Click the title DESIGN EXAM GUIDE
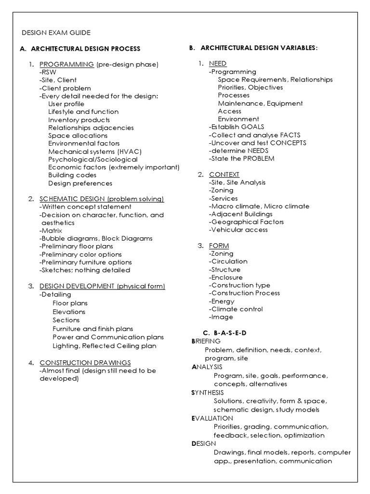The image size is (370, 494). pos(56,33)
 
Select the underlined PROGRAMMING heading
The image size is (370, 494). pos(66,64)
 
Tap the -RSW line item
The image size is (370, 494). pos(48,72)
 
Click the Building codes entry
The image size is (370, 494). pos(72,175)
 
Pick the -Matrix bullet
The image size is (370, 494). pos(51,231)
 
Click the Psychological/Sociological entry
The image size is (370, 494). pos(92,159)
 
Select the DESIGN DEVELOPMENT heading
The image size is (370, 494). pos(78,286)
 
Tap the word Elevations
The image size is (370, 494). pos(69,312)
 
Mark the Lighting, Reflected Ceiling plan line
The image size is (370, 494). pos(105,345)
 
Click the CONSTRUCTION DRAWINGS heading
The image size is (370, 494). pos(85,363)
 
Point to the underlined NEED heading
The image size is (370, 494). pos(218,64)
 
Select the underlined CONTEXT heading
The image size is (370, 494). pos(224,174)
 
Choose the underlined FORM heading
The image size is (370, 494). pos(219,246)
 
